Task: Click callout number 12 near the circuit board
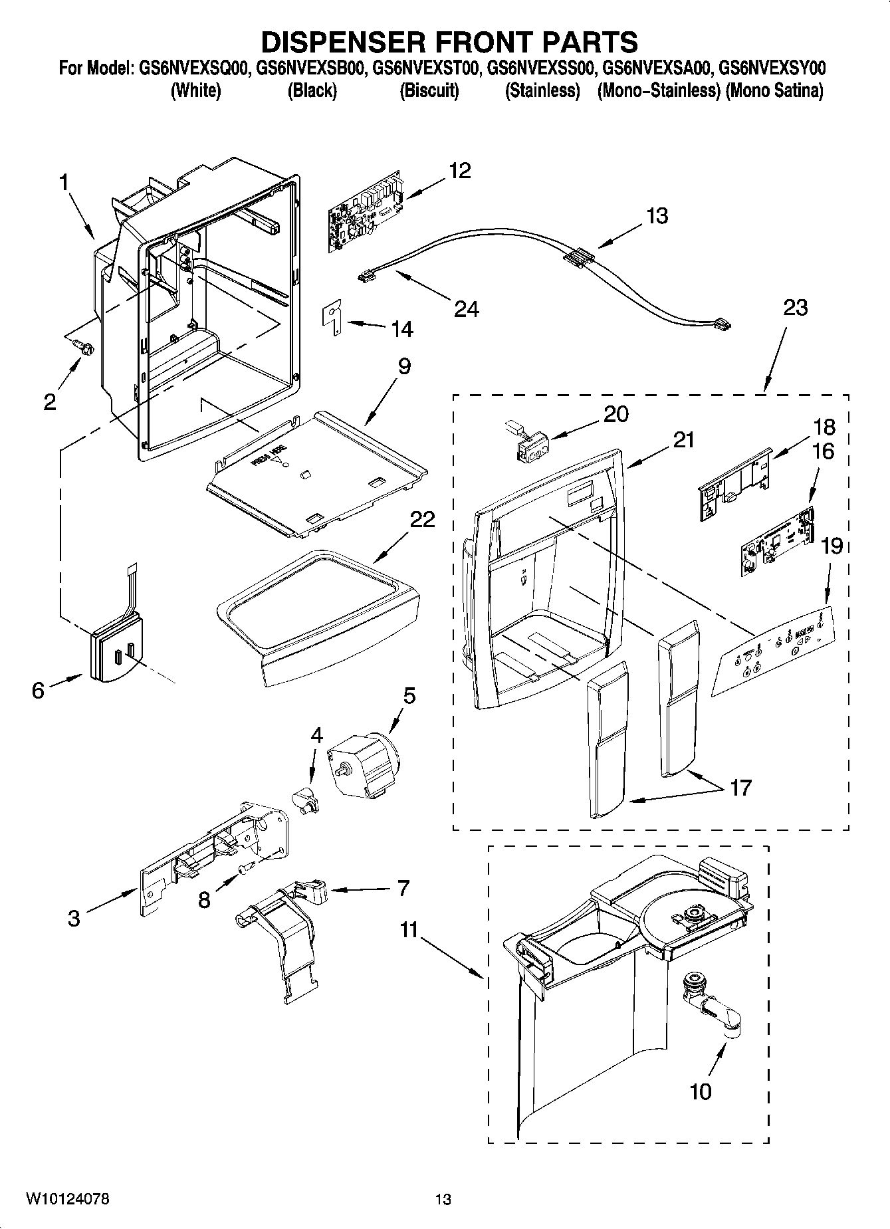tap(459, 171)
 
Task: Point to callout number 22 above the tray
tap(421, 519)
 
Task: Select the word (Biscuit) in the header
tap(429, 91)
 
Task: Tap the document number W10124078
tap(67, 1199)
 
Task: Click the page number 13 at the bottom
tap(443, 1199)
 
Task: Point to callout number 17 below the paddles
tap(740, 788)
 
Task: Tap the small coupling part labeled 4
tap(306, 798)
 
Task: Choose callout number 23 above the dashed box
tap(795, 308)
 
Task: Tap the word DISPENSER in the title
tap(343, 42)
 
